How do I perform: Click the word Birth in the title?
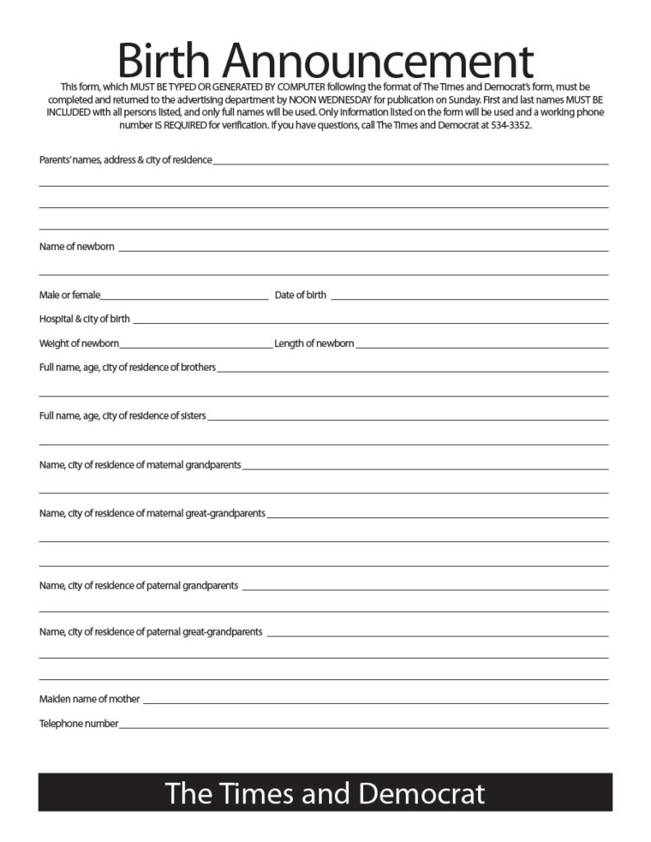pos(164,60)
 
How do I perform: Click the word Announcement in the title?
pos(378,60)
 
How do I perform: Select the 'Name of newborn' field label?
pos(77,247)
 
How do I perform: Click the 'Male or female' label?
pos(69,295)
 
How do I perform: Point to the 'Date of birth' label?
pos(300,295)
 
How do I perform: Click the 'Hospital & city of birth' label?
pos(85,319)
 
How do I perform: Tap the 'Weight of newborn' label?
pos(79,344)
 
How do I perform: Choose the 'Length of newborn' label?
pos(314,344)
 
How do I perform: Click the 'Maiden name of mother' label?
pos(90,700)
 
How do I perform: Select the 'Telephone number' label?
pos(79,724)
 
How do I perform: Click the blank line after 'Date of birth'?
pos(469,298)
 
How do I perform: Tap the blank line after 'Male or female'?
pos(184,298)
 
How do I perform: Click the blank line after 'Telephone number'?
pos(362,727)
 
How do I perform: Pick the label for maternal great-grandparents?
pos(152,514)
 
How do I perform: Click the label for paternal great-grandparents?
pos(151,632)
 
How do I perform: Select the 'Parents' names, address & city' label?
pos(125,160)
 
